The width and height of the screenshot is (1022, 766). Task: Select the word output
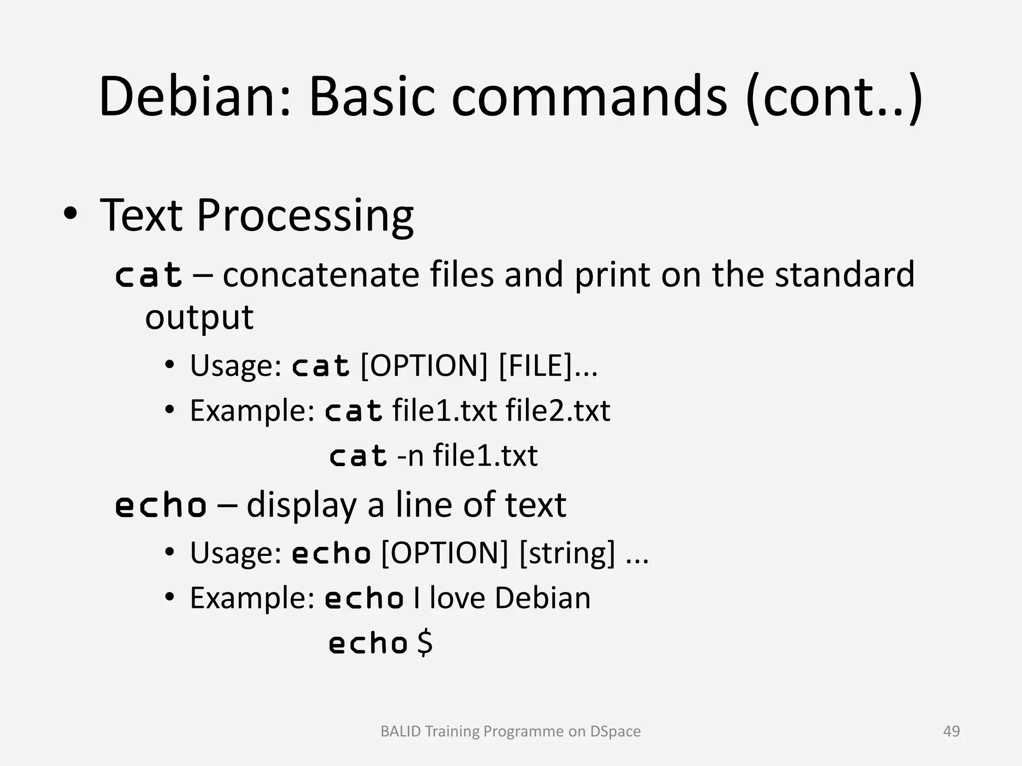[x=199, y=317]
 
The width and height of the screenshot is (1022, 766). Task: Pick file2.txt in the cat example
[x=557, y=410]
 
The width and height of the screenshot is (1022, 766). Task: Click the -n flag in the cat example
[x=410, y=455]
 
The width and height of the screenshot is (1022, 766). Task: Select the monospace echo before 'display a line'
[x=161, y=505]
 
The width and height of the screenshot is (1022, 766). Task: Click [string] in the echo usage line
[x=567, y=553]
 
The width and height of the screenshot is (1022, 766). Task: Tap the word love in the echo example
[x=457, y=598]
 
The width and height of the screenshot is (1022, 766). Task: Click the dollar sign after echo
[x=425, y=643]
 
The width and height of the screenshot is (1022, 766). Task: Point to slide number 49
[x=951, y=731]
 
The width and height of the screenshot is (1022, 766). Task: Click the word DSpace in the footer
[x=615, y=731]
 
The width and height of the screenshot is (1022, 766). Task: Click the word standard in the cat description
[x=844, y=274]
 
